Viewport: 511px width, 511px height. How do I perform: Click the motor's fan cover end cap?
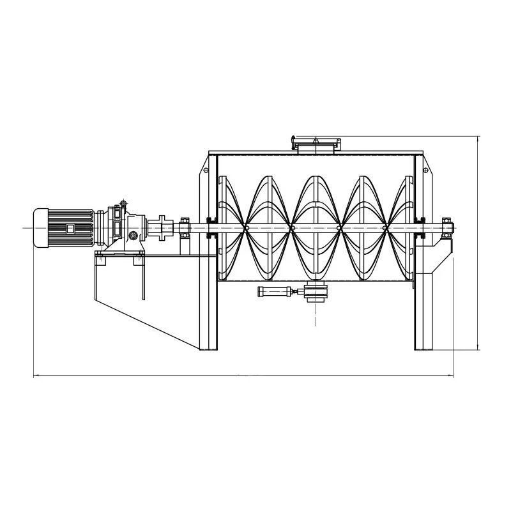(x=38, y=227)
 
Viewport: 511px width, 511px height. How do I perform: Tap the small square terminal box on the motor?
(x=70, y=228)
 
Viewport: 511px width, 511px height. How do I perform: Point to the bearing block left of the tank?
(x=185, y=227)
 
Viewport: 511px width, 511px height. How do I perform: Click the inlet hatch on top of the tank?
(x=315, y=146)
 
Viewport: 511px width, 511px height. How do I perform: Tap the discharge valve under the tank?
(x=316, y=293)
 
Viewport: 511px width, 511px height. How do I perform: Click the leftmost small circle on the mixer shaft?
(x=247, y=227)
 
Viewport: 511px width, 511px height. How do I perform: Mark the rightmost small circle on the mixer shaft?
(x=385, y=227)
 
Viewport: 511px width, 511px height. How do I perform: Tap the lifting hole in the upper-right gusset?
(x=425, y=169)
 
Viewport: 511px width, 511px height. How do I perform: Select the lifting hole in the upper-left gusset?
(x=205, y=169)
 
